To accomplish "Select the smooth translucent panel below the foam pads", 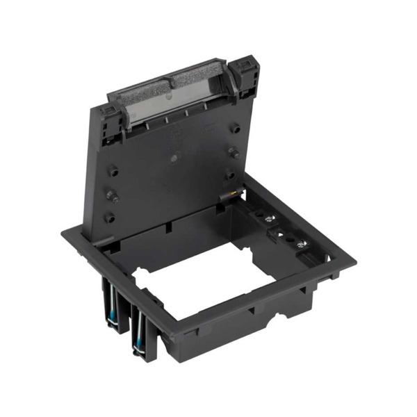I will point(167,104).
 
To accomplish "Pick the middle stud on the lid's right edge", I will point(234,152).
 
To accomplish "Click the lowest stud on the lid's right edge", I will point(230,177).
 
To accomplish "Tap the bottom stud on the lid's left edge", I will point(108,217).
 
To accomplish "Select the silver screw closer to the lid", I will point(268,217).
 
